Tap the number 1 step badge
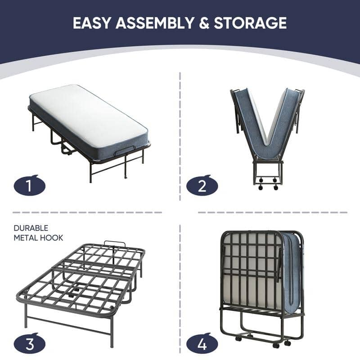[x=29, y=185]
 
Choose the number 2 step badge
[x=202, y=185]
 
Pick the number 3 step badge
[x=29, y=344]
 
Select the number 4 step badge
[x=202, y=344]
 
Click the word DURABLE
[x=31, y=228]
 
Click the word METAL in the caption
[x=26, y=238]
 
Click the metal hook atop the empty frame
[x=114, y=244]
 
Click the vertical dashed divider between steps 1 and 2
[x=180, y=135]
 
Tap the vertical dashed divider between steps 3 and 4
[x=180, y=288]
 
